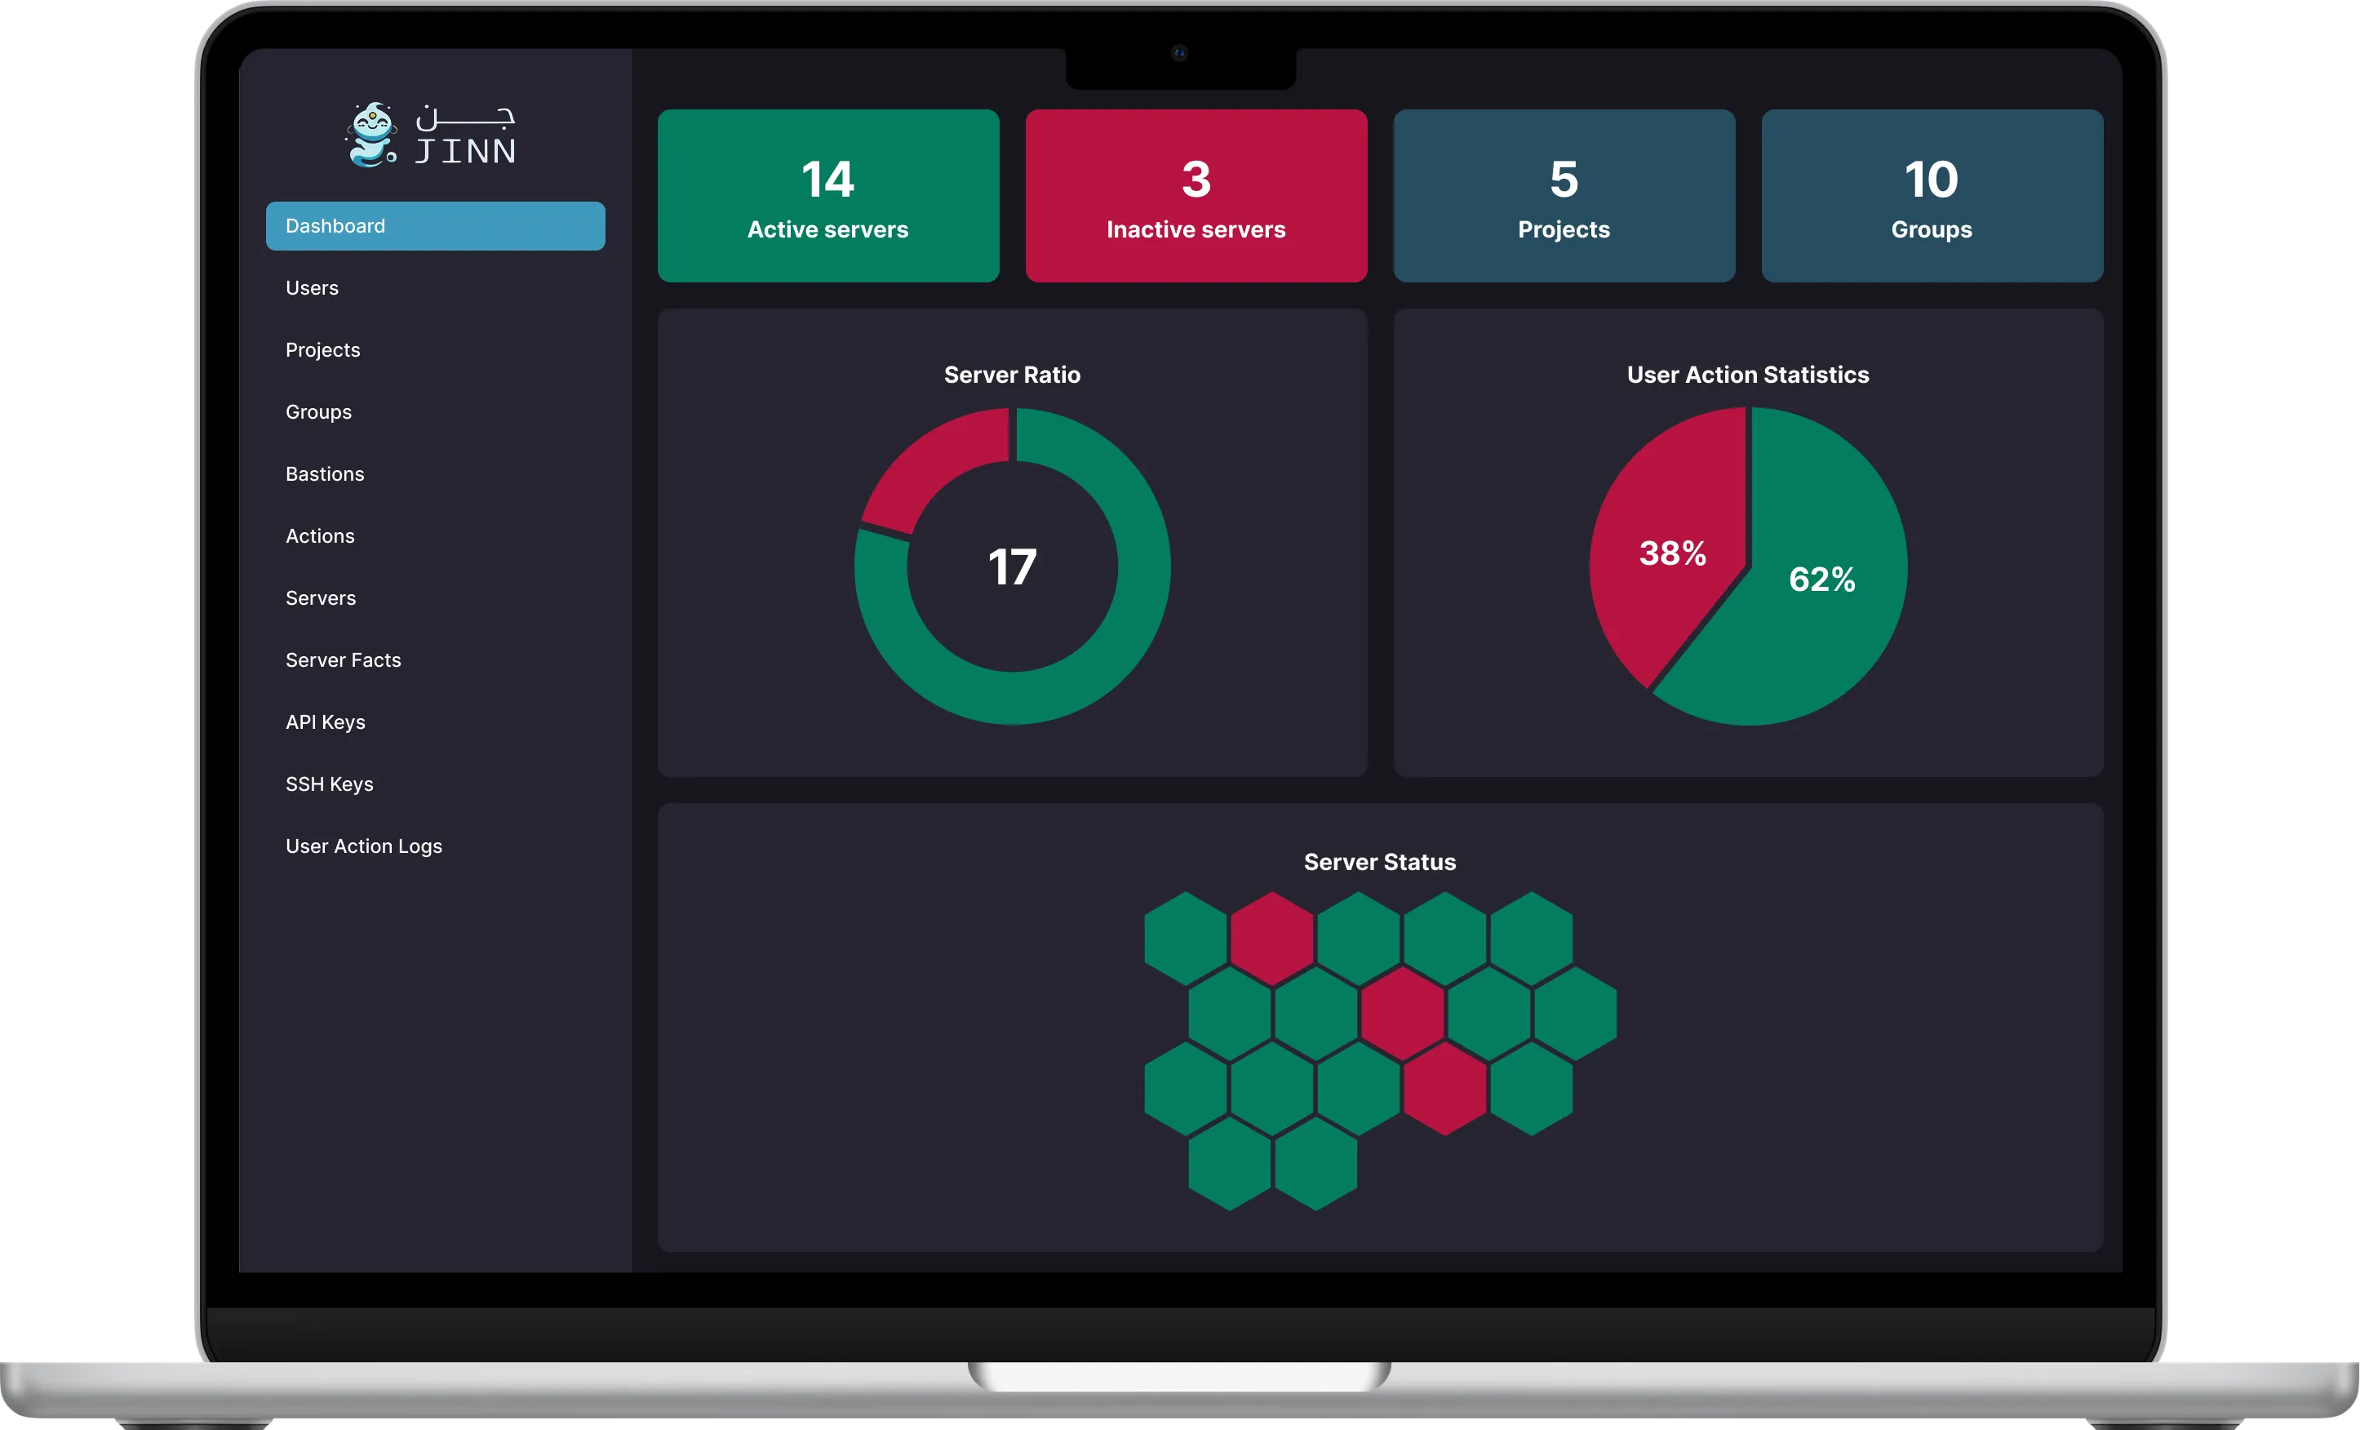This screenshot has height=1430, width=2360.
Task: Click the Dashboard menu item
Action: coord(435,226)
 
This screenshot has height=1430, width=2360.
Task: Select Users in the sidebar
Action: coord(313,287)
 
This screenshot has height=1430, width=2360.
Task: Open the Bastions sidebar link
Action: coord(325,474)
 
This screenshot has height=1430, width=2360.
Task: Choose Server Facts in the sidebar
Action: coord(343,660)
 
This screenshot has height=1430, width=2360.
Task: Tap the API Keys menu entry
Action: coord(326,722)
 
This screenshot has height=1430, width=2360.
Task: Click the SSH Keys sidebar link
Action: coord(330,784)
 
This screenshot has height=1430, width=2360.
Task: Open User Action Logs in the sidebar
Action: coord(364,846)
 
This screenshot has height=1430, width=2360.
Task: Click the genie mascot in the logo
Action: coord(370,135)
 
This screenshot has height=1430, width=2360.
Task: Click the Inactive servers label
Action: coord(1196,230)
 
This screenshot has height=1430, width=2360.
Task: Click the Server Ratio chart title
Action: coord(1013,375)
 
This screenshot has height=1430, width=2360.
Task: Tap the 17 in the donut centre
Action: coord(1013,567)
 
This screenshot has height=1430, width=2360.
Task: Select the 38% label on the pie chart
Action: coord(1673,553)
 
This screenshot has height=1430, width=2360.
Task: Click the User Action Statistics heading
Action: coord(1748,375)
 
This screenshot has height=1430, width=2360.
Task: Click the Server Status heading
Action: coord(1380,862)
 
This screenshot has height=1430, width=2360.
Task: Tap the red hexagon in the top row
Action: coord(1272,939)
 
